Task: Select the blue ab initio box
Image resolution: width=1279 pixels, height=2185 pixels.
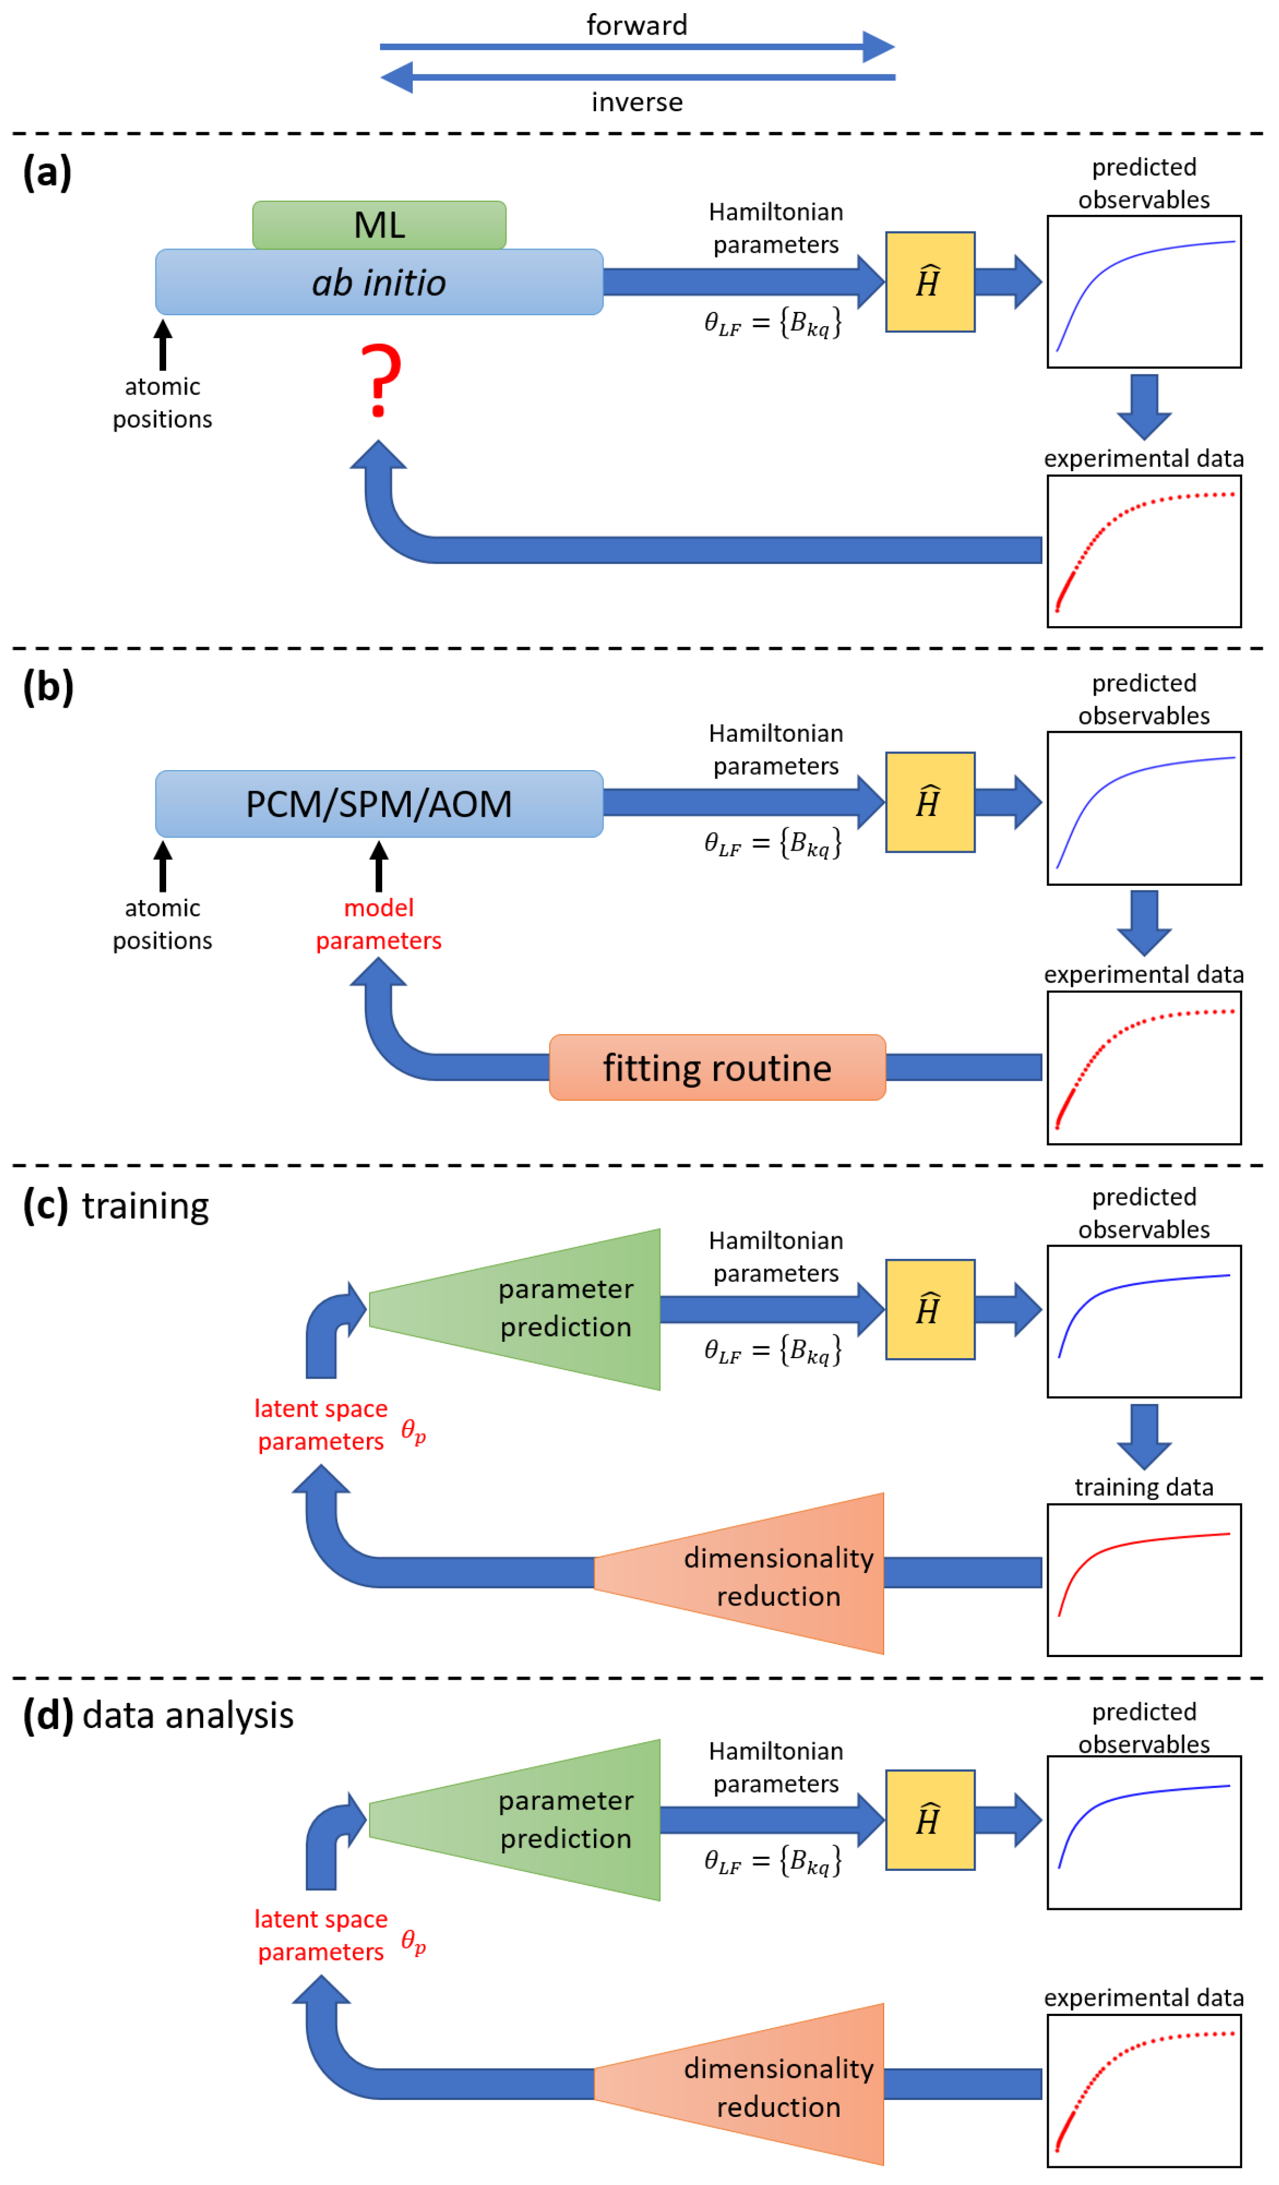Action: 379,282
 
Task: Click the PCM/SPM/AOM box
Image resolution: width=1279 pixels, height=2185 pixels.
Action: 379,804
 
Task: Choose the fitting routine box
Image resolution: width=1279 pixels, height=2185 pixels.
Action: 717,1068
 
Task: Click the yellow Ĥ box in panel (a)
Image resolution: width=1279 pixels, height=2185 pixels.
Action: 930,282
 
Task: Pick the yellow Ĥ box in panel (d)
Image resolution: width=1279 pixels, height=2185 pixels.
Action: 930,1819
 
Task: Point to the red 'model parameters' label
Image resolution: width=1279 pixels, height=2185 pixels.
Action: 378,924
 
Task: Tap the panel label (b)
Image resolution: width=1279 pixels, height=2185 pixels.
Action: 48,687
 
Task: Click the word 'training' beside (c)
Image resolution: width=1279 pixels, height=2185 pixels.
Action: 145,1206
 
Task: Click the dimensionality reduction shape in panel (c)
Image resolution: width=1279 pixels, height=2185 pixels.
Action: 763,1574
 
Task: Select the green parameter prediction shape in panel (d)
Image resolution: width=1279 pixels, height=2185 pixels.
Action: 538,1819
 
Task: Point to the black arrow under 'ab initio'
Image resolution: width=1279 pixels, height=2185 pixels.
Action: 162,344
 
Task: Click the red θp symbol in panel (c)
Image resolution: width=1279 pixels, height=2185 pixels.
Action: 413,1431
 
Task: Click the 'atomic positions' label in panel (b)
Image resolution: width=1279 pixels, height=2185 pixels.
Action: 162,924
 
